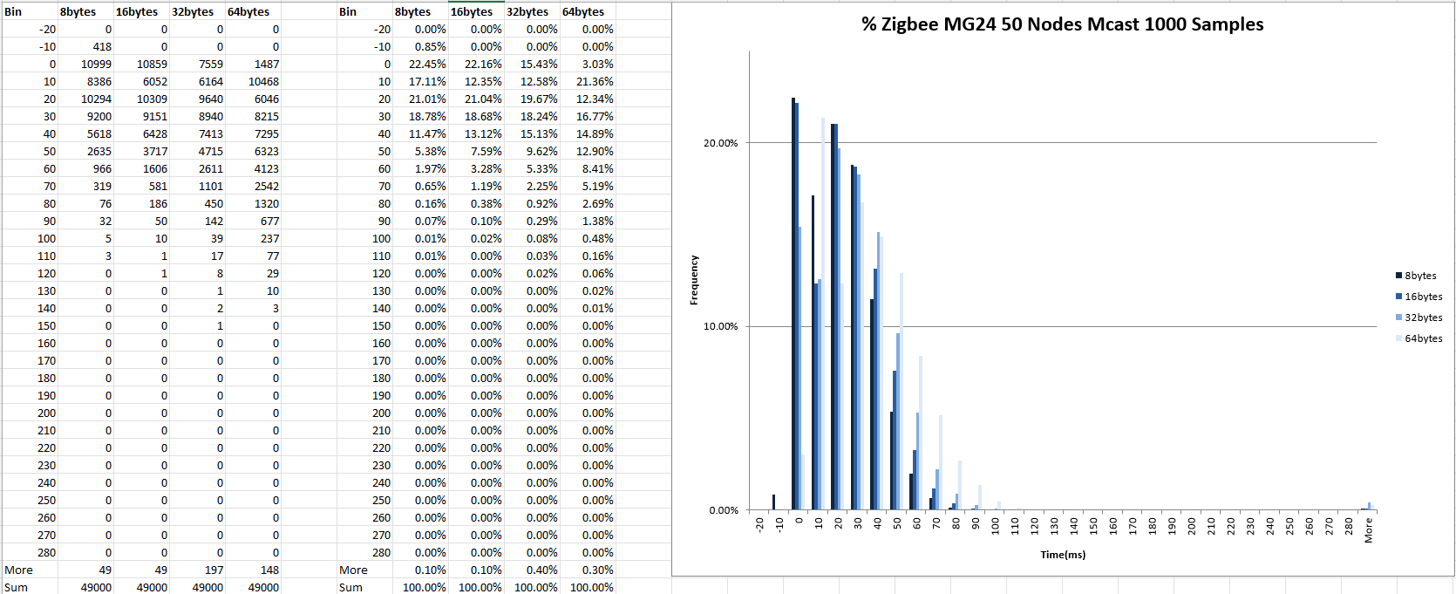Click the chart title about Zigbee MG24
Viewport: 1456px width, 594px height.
coord(1062,24)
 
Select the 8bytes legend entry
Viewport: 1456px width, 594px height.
coord(1419,276)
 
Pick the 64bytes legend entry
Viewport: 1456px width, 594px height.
coord(1422,338)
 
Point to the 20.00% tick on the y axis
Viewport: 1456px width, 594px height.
coord(721,143)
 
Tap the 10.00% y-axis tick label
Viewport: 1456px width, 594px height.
coord(721,327)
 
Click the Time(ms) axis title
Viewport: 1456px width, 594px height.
coord(1063,555)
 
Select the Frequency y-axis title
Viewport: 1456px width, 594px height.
coord(695,280)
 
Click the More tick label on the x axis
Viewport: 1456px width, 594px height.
coord(1369,529)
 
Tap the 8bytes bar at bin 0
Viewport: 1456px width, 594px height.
coord(793,304)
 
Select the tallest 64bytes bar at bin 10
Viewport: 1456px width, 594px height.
coord(823,314)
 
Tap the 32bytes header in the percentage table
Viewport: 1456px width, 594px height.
coord(527,12)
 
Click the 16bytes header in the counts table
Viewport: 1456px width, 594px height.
coord(137,12)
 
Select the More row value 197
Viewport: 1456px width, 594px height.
coord(214,570)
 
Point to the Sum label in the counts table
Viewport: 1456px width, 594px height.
coord(17,588)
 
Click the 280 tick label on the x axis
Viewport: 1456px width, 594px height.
coord(1349,526)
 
